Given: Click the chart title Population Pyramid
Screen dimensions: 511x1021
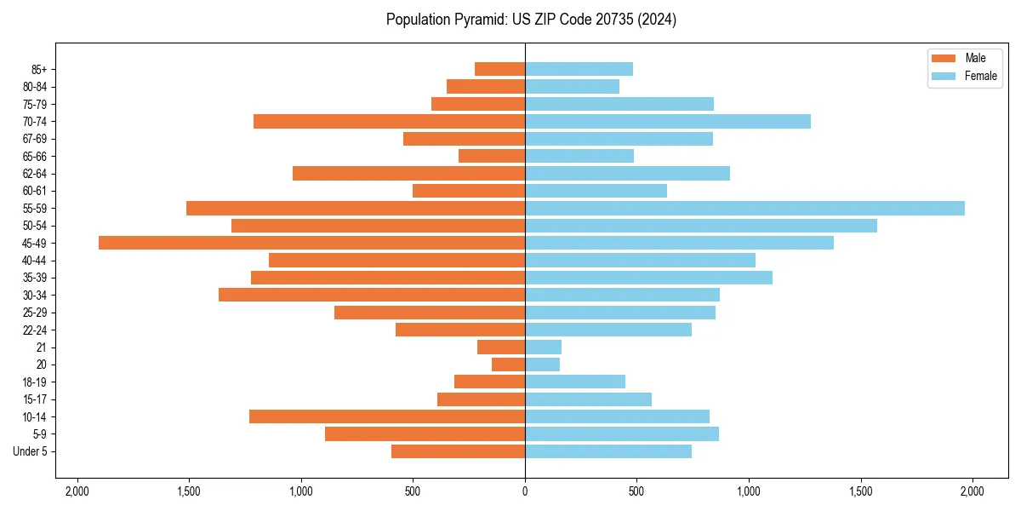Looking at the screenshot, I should pos(531,20).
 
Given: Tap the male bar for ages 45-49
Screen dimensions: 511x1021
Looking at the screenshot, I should pos(311,243).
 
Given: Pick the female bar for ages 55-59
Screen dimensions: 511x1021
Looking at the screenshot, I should pos(744,208).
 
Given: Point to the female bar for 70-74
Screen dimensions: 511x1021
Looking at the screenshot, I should pos(668,121).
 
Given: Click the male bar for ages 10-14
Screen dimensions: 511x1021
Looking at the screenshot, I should pos(387,416).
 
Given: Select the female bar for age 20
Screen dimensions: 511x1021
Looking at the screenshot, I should pos(542,365).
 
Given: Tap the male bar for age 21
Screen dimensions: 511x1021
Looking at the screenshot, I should pos(501,347).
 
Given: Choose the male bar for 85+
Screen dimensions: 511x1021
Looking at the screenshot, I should pos(499,69).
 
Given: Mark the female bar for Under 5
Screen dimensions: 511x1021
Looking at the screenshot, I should pos(608,451).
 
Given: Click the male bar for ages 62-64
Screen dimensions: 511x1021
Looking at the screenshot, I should pos(408,173).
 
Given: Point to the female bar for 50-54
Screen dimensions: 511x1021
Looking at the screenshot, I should pos(701,226).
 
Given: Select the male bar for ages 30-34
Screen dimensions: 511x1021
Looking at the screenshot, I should pos(372,295).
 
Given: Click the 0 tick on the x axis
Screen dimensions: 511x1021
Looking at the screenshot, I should pos(525,491).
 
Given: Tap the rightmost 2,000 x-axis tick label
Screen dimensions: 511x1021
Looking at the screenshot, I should pos(973,491).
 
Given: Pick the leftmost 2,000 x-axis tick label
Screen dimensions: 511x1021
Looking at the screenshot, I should pos(77,491).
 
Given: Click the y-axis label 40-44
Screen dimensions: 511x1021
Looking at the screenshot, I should pos(35,261).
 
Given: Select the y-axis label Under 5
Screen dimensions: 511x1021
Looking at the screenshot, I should pos(30,451).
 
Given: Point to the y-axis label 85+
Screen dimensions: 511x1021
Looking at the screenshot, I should pos(37,69).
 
